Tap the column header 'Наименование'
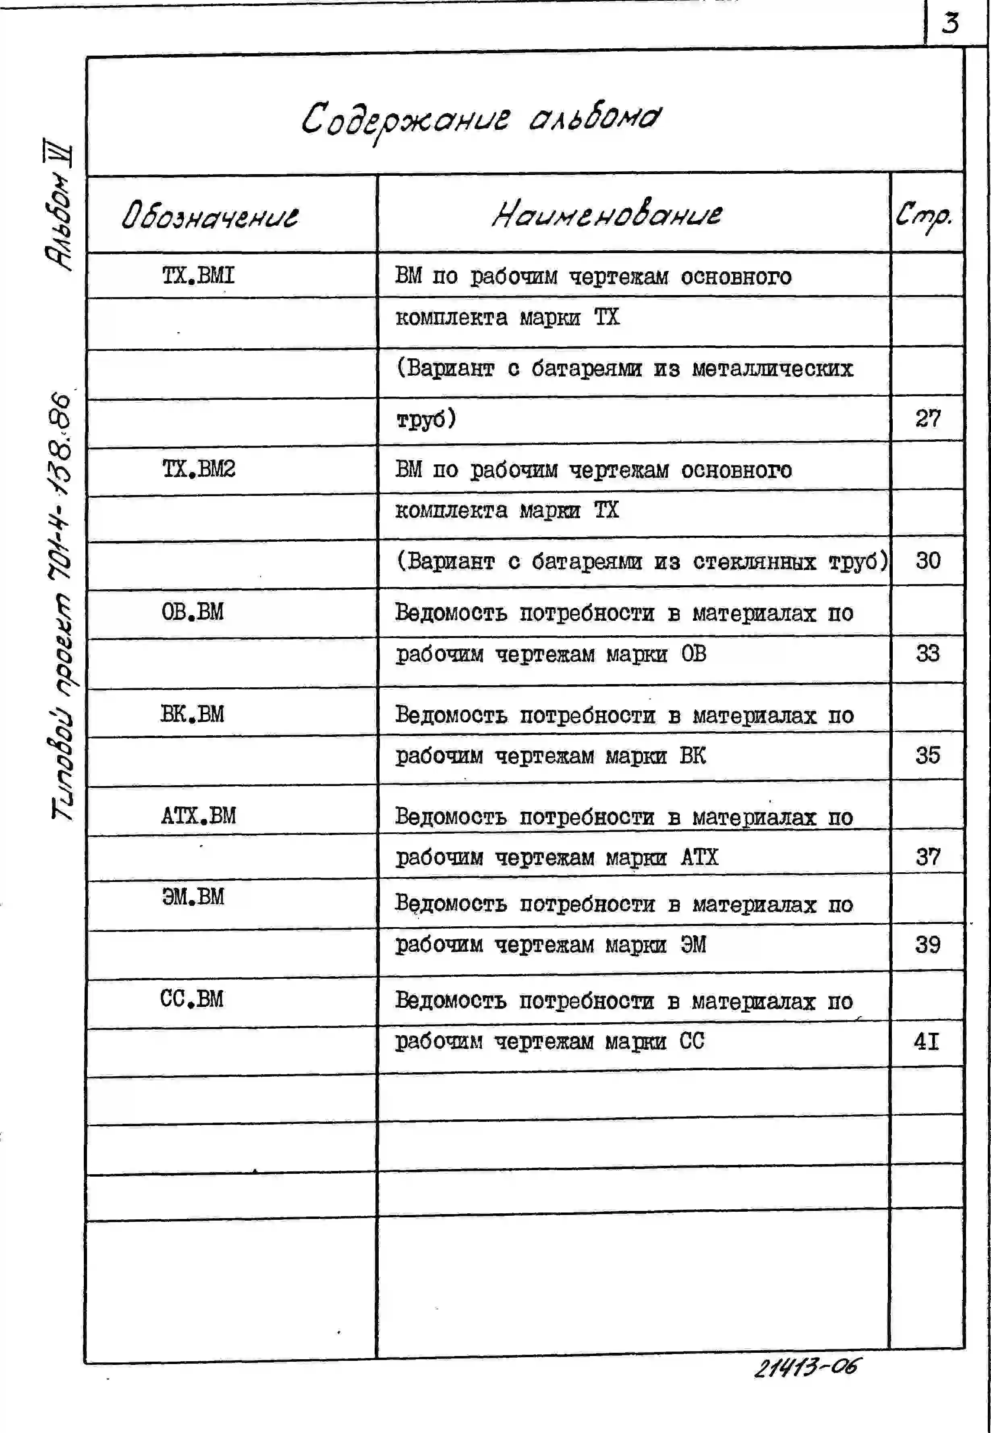point(607,214)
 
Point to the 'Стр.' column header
point(923,216)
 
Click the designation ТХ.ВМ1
point(199,275)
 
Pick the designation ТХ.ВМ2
point(199,469)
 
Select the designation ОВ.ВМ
point(193,612)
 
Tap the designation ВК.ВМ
point(193,714)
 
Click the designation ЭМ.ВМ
point(193,897)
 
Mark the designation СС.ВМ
point(192,999)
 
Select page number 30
point(928,561)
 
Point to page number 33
point(928,653)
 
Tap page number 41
point(927,1042)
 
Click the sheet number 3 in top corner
point(950,24)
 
